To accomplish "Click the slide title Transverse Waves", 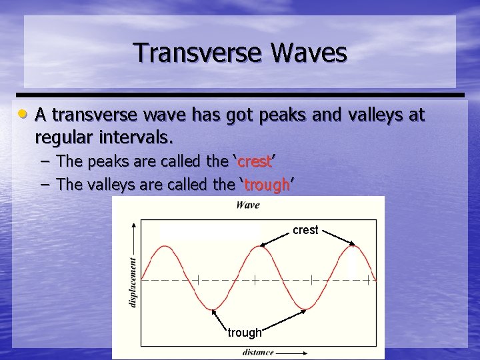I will tap(240, 53).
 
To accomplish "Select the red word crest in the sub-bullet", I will tap(253, 161).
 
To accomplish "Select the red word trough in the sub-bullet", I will tap(266, 185).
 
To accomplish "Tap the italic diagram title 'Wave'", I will tap(248, 205).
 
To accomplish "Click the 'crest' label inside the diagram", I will tap(305, 230).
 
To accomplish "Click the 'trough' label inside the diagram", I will tap(245, 332).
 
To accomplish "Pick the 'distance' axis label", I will tap(257, 352).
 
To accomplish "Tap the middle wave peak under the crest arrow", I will tap(258, 246).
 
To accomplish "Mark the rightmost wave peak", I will tap(351, 246).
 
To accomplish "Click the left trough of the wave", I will tap(212, 309).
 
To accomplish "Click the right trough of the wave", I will tap(305, 309).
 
